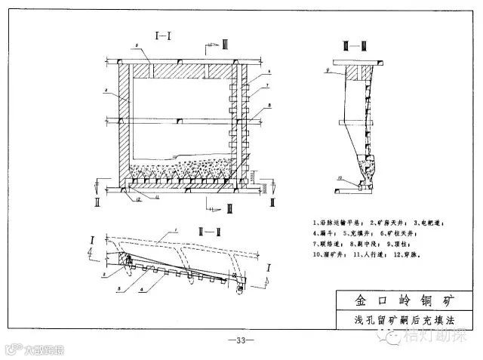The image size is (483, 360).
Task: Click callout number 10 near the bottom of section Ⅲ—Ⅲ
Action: click(340, 178)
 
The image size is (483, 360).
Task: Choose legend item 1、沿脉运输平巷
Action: click(334, 223)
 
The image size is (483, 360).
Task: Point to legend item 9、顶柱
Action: click(420, 245)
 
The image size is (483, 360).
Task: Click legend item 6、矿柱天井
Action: click(408, 234)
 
